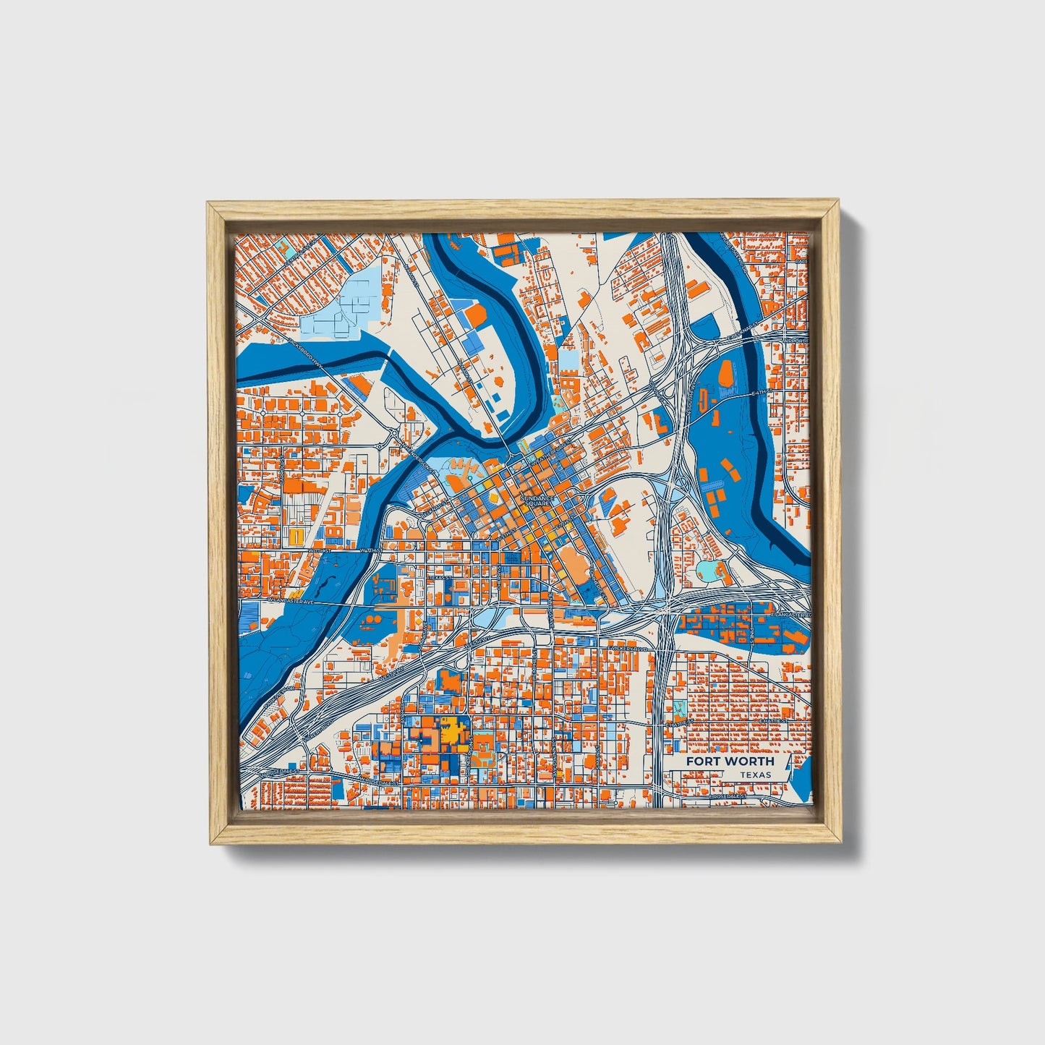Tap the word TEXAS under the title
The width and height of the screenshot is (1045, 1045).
coord(755,775)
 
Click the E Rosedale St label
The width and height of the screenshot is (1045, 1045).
coord(728,796)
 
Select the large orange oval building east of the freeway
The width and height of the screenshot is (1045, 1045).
coord(726,374)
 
